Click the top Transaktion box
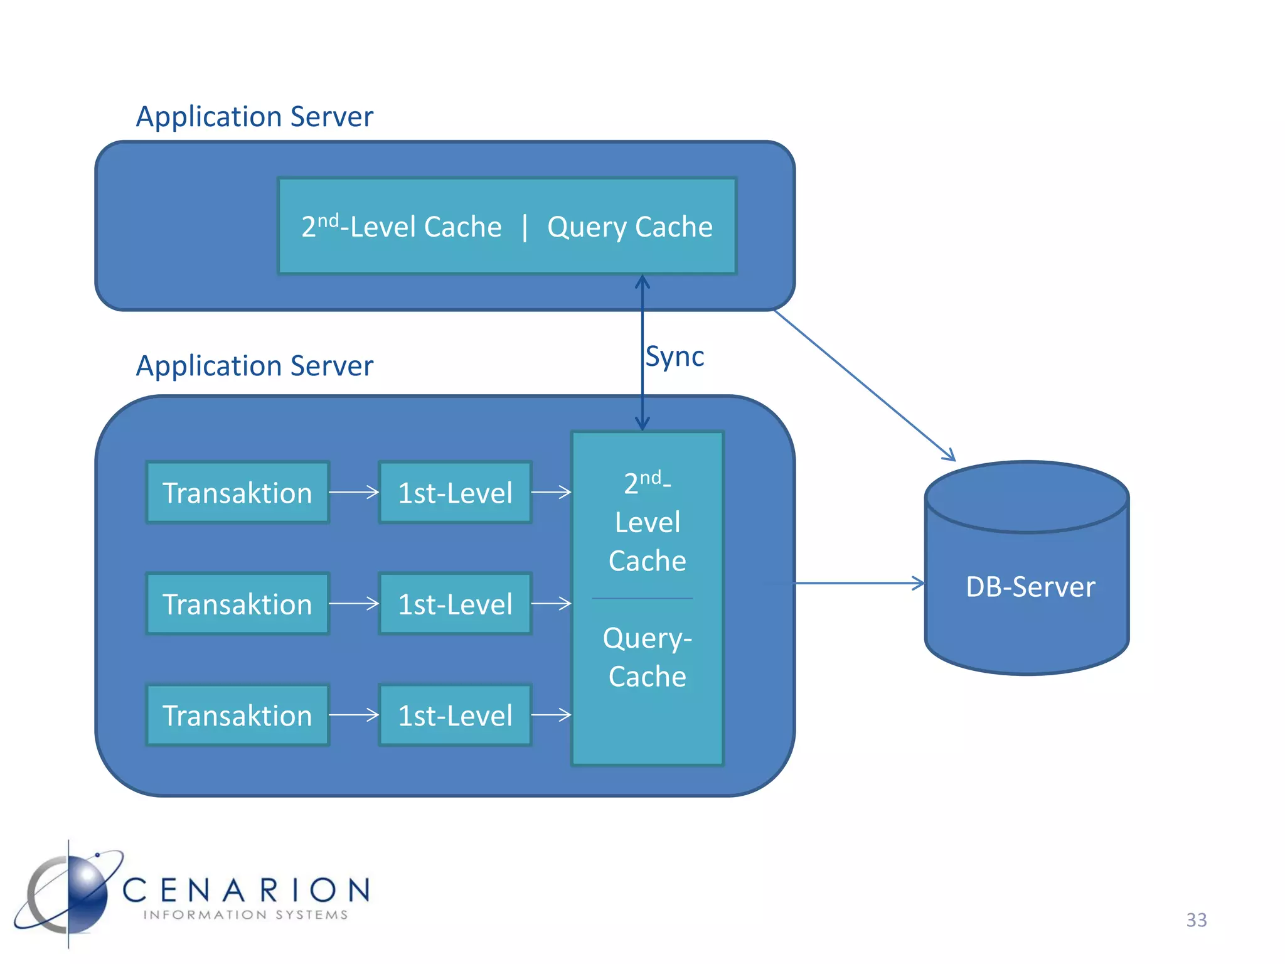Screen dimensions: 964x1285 click(237, 493)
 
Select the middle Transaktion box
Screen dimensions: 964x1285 click(237, 604)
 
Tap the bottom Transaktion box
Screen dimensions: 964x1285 click(237, 715)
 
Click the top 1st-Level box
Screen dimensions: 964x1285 click(455, 493)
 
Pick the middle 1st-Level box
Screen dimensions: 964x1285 click(455, 604)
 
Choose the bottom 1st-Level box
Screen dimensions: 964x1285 click(455, 715)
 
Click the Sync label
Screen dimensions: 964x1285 click(674, 356)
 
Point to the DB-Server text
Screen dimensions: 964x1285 click(1030, 587)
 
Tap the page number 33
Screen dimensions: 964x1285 click(1196, 919)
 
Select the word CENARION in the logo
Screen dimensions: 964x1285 click(246, 890)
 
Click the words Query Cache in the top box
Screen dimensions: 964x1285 click(629, 227)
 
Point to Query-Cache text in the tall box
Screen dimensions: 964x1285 click(647, 656)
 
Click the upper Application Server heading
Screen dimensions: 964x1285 click(254, 117)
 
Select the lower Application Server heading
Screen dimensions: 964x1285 click(254, 366)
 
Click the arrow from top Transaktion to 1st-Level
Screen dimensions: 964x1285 click(354, 492)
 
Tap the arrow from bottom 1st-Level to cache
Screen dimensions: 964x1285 click(551, 714)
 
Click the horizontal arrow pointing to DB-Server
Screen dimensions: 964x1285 click(860, 583)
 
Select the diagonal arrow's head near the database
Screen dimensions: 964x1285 click(949, 455)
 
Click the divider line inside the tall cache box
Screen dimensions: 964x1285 click(642, 598)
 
